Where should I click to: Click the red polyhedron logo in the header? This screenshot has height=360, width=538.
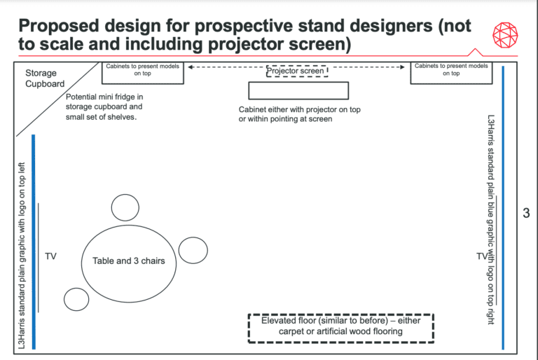505,35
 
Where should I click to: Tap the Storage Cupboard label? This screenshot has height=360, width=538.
45,78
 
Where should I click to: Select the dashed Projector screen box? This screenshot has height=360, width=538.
297,71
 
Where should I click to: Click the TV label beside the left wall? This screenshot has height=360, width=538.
50,256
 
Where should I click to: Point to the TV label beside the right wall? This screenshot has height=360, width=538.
482,256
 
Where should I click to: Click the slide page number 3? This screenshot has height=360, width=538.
526,213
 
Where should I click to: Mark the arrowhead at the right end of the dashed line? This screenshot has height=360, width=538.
402,67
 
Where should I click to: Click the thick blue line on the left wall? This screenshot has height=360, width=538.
34,242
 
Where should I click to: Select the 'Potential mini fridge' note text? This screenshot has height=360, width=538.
104,106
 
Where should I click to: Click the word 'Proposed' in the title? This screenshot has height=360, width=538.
59,26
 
